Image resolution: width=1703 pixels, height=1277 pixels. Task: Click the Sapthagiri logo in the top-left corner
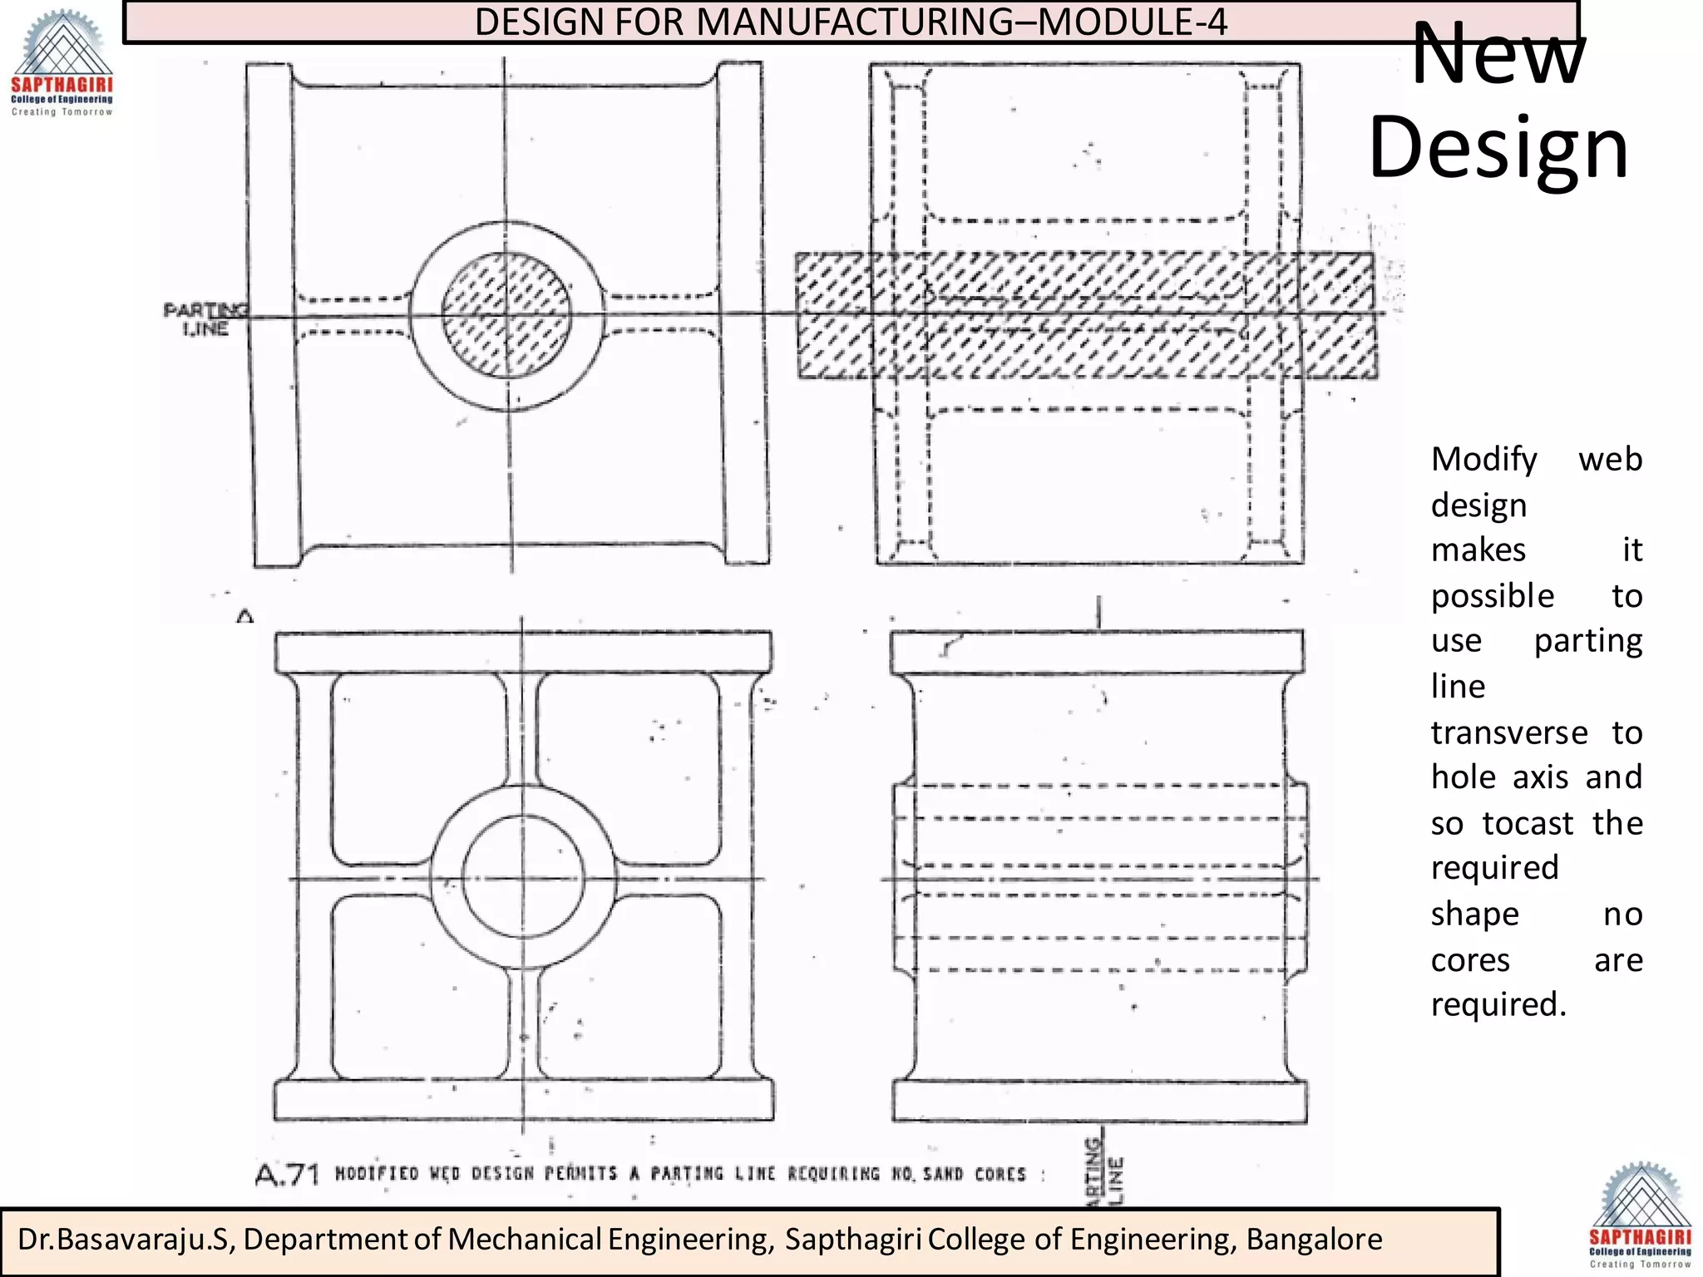[62, 63]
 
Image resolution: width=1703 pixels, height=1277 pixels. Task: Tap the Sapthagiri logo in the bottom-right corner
[1640, 1215]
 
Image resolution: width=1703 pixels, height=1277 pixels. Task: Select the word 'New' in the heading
[1498, 54]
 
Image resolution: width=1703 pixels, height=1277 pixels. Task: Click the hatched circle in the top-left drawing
[506, 315]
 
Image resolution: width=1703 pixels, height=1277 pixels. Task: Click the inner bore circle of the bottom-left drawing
[523, 878]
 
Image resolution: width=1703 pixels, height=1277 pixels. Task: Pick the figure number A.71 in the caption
[287, 1175]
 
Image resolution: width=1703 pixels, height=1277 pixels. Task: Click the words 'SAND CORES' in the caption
[975, 1174]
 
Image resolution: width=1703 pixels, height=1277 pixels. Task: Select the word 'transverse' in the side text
[1508, 732]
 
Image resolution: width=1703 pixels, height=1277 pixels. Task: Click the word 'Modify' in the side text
[1484, 459]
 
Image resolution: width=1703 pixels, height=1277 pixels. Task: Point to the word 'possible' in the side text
[1493, 596]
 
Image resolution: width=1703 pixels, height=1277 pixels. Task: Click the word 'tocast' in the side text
[1528, 823]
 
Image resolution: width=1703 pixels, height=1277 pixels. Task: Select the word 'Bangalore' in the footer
[1314, 1239]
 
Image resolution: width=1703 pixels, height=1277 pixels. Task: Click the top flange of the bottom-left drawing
[523, 652]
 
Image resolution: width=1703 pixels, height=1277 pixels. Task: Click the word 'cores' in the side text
[1469, 960]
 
